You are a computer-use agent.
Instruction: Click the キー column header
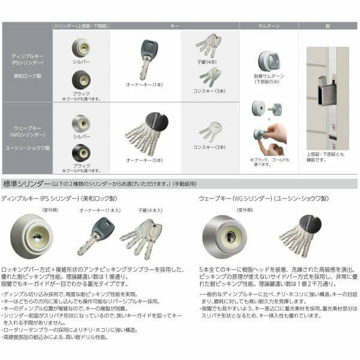tap(175, 26)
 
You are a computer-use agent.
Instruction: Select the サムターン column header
tap(269, 26)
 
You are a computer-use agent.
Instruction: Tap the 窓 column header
tap(328, 26)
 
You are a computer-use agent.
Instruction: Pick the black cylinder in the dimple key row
tap(81, 79)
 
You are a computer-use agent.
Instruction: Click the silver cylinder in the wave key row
tap(81, 123)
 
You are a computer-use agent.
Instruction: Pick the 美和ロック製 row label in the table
tap(28, 76)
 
